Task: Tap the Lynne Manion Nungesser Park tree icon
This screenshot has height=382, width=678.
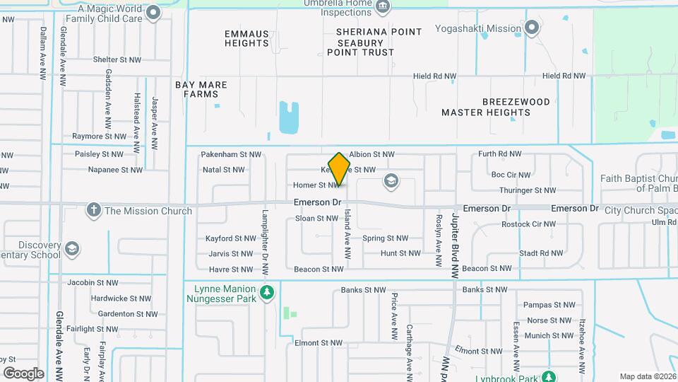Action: click(267, 292)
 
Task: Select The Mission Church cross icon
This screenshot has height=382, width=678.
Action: click(93, 210)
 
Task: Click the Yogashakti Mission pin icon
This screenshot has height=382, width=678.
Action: click(533, 29)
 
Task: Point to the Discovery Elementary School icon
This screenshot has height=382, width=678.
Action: click(71, 249)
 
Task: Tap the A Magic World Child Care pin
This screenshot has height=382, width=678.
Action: click(153, 12)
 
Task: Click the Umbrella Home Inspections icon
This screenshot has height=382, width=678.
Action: click(382, 7)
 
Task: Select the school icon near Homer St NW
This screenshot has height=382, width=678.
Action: click(390, 182)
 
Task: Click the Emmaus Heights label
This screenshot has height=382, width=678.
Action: click(246, 38)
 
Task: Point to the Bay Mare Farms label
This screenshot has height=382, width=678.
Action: click(201, 89)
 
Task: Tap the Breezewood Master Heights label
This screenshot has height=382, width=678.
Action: click(496, 107)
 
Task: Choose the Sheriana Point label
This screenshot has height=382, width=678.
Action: click(379, 32)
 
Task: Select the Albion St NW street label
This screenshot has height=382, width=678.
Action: click(371, 154)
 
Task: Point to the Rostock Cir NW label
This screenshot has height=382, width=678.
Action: click(529, 224)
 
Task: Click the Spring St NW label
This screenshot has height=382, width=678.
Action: click(385, 238)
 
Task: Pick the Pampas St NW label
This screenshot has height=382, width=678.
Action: click(547, 305)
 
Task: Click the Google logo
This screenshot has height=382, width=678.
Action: click(23, 374)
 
